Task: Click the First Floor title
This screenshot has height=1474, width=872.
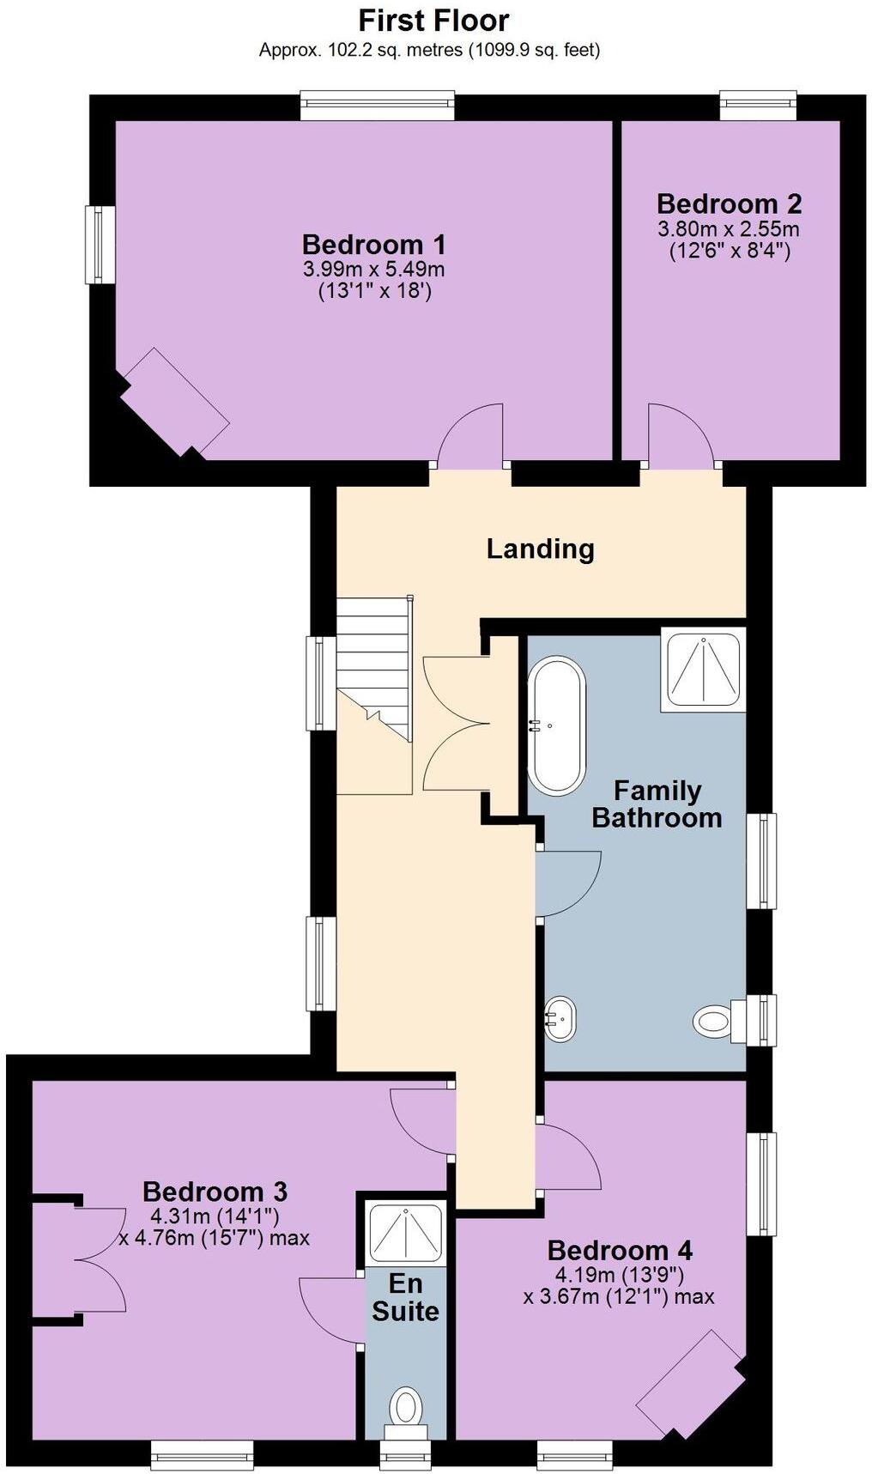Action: point(433,20)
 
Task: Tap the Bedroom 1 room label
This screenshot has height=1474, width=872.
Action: point(373,245)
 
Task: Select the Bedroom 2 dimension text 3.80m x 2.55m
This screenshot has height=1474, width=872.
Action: point(728,229)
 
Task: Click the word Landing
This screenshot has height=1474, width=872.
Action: point(540,549)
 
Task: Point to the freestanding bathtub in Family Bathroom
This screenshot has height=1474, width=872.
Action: point(557,725)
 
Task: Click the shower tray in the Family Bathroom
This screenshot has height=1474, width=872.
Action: point(703,670)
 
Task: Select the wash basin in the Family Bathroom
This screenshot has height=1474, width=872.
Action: point(560,1019)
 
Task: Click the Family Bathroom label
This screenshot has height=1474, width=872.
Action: point(657,804)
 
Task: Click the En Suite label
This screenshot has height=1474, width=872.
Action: point(405,1297)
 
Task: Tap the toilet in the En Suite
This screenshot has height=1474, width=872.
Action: point(406,1410)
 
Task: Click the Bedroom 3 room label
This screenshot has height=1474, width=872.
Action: point(215,1192)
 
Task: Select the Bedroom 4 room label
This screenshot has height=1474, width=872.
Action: point(620,1250)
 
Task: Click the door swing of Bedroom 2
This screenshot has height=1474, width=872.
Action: point(681,434)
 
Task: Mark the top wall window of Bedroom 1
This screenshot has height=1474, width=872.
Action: point(377,106)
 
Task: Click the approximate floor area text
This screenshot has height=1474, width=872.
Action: point(429,50)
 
